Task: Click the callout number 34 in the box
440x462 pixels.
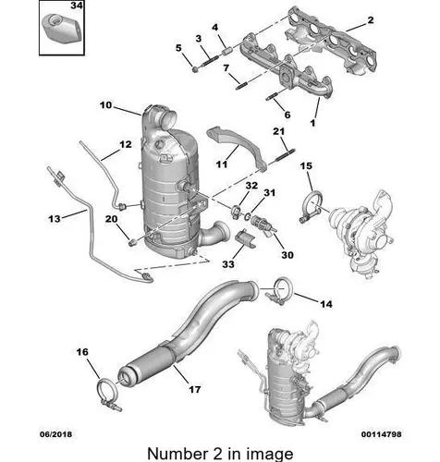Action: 77,6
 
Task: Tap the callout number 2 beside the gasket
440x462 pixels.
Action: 371,20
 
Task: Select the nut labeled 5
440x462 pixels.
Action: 195,70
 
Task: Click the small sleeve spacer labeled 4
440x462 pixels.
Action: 228,50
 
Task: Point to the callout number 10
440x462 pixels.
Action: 105,105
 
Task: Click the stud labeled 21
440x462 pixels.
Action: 284,155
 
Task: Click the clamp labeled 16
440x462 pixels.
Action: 109,394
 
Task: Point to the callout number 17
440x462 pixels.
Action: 194,390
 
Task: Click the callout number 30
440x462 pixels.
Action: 287,255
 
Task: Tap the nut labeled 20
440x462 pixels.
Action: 133,242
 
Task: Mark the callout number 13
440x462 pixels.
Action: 55,219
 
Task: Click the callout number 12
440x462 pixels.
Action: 126,144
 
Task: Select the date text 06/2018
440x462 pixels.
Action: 55,434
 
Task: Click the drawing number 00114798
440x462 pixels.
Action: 382,434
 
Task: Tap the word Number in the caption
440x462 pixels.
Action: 177,454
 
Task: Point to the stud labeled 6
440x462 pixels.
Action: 272,97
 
